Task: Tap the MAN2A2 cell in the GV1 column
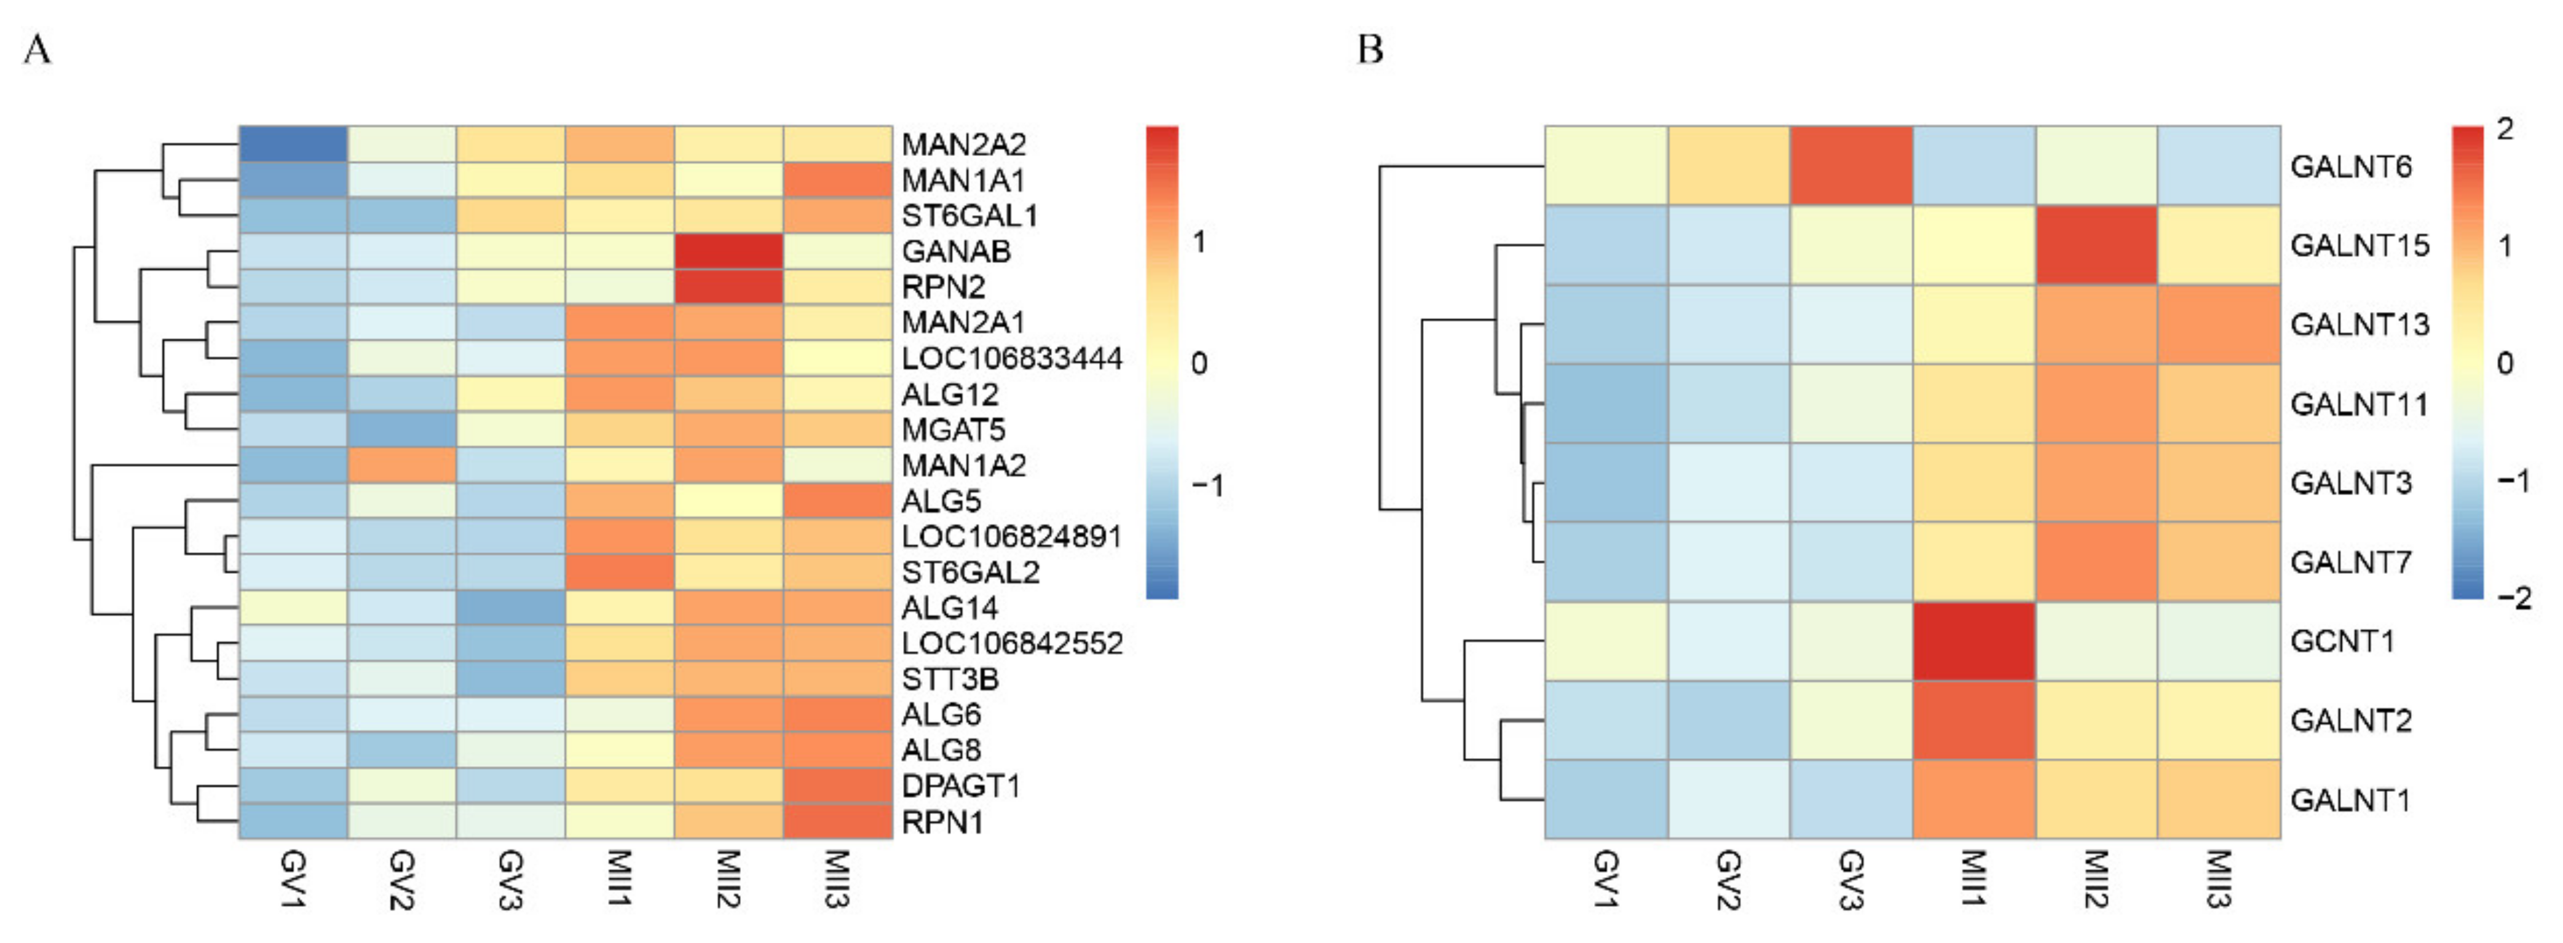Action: (293, 144)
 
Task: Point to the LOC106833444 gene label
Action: (1011, 358)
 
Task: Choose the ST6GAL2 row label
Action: (970, 572)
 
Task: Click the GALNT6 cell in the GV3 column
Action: (1850, 166)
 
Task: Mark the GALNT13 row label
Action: (2359, 324)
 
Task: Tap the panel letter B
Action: (1370, 49)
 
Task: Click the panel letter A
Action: (37, 49)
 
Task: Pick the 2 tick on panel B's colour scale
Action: (2505, 129)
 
